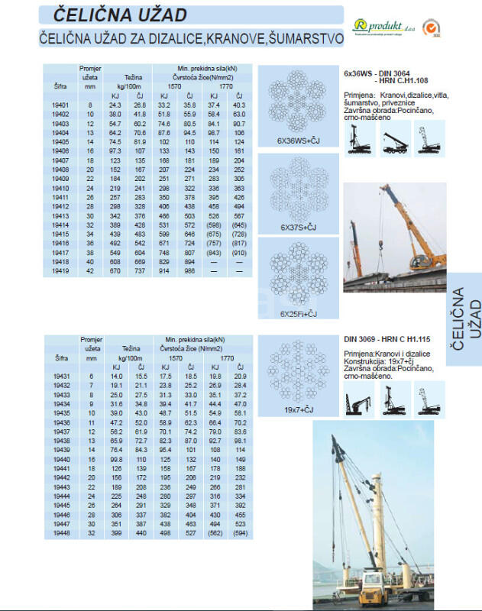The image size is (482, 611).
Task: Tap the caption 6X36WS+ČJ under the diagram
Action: click(299, 141)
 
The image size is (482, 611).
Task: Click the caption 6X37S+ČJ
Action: click(299, 227)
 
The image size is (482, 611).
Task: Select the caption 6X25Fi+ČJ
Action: click(299, 314)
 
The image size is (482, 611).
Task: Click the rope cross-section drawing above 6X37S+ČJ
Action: click(299, 187)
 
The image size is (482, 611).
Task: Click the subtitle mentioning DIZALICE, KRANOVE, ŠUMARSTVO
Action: click(191, 38)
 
